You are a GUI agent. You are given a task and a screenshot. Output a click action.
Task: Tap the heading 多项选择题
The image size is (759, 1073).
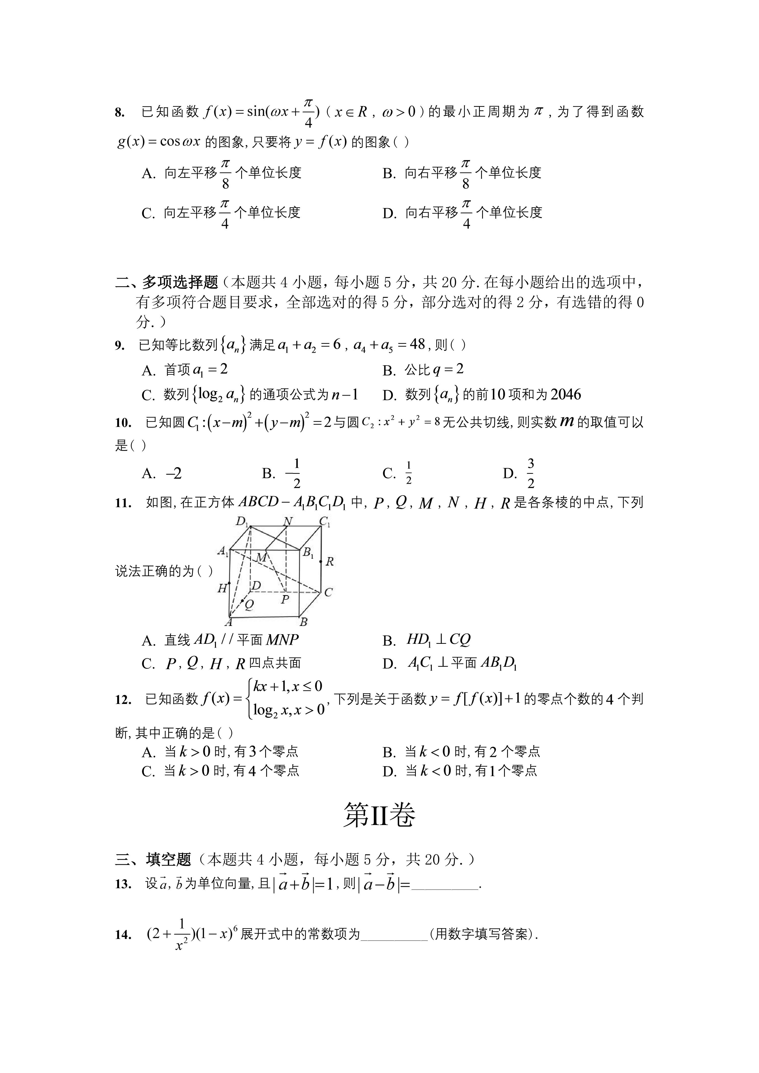[x=180, y=282]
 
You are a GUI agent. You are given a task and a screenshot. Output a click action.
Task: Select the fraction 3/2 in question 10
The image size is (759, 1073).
[x=531, y=473]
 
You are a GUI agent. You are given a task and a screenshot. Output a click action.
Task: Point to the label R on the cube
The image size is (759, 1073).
[x=329, y=562]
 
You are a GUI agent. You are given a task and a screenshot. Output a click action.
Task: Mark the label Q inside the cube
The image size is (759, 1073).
[x=249, y=605]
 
